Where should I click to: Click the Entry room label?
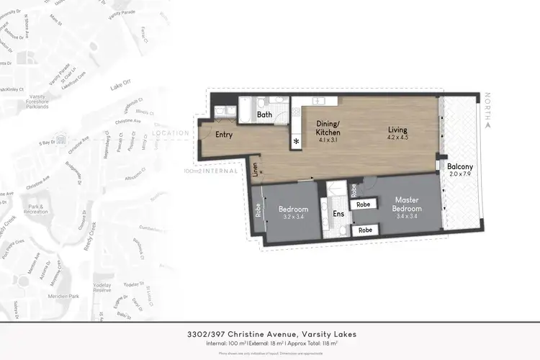(224, 135)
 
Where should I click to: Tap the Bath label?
(265, 114)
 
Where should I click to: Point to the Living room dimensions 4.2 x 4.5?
(397, 136)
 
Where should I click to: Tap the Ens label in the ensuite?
(338, 214)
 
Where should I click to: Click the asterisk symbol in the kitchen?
(296, 142)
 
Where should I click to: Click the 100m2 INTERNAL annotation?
(211, 171)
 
